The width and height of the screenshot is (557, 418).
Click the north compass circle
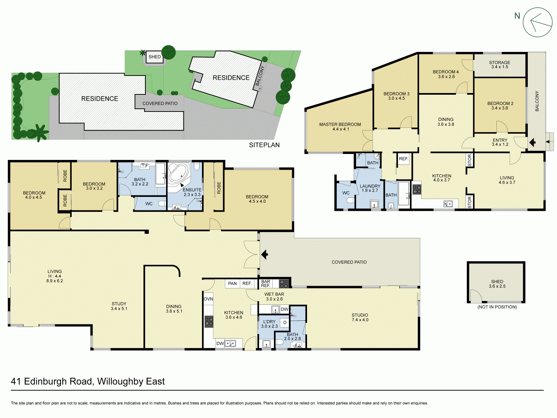point(538,22)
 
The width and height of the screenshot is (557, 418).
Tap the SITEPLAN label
point(264,145)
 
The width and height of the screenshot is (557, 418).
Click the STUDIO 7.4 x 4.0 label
point(360,317)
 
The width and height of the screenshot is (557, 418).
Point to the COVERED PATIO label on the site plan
point(160,103)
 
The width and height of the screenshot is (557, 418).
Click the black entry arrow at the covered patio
point(264,255)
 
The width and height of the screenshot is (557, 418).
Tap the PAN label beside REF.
point(232,284)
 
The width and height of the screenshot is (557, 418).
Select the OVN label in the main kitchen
point(208,299)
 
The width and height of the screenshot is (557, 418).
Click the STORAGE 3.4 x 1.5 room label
point(499,65)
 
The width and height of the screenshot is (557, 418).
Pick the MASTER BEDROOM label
point(340,126)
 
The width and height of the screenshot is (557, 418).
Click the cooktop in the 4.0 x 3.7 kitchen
point(417,189)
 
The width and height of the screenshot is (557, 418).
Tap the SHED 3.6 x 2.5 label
point(497,284)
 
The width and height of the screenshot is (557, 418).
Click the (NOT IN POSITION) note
point(497,307)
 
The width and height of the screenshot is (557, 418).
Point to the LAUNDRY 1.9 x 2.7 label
point(370,188)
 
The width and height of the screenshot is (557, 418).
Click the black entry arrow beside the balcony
point(532,142)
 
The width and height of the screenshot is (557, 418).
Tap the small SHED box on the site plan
point(155,57)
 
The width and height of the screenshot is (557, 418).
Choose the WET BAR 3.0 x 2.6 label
point(274,296)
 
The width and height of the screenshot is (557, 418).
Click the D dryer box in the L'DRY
point(285,323)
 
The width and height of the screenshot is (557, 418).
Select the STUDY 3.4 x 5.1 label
point(119,306)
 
